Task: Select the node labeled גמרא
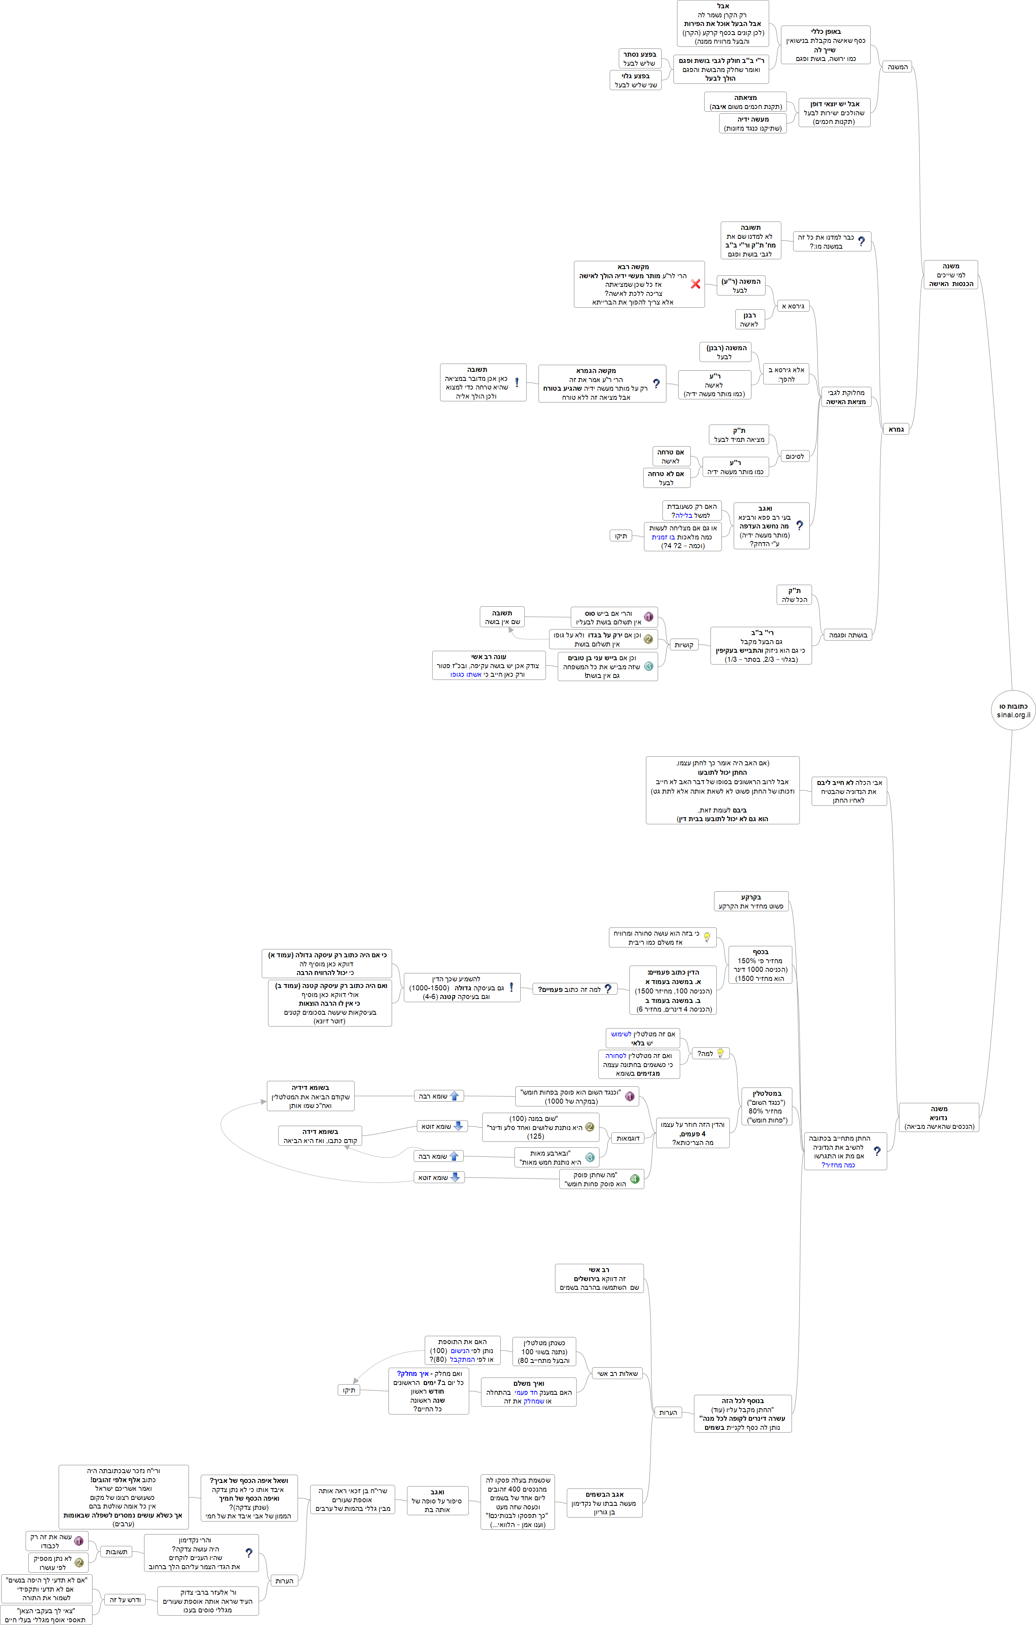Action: [x=895, y=429]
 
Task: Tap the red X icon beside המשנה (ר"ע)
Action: [x=695, y=284]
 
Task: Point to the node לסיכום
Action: [x=794, y=457]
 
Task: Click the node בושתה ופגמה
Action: [x=848, y=635]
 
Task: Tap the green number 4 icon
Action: [x=635, y=1179]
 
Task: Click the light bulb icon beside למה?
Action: [x=720, y=1053]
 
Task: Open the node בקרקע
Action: [x=751, y=901]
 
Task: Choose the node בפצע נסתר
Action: [x=639, y=59]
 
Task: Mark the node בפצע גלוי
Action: [x=635, y=80]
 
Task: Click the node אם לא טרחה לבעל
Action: [x=666, y=478]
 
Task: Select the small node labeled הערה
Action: [x=668, y=1413]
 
